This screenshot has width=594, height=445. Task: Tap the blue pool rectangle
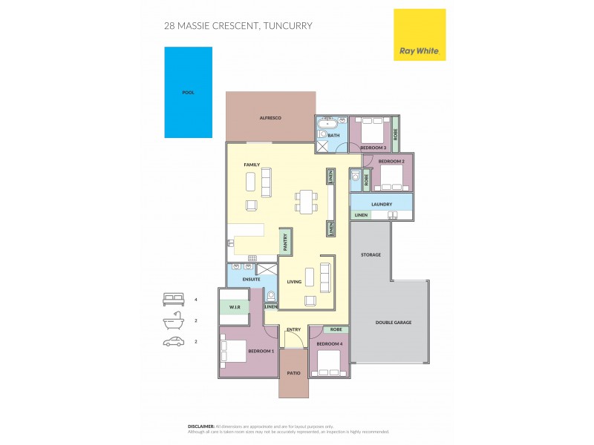click(x=188, y=92)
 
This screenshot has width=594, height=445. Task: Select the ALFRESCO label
click(x=270, y=118)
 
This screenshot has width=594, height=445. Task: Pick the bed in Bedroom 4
click(x=328, y=363)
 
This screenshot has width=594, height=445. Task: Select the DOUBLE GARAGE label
click(x=393, y=323)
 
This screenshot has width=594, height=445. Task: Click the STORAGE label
click(x=371, y=254)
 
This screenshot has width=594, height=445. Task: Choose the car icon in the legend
click(x=172, y=341)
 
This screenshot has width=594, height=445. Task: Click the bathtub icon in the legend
click(x=172, y=320)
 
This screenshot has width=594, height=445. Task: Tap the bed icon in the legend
click(x=172, y=300)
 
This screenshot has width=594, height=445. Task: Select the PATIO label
click(x=293, y=373)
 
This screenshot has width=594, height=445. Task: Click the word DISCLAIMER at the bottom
click(x=201, y=426)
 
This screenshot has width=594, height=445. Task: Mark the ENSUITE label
click(x=251, y=280)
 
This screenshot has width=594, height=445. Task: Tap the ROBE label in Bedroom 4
click(x=336, y=329)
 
